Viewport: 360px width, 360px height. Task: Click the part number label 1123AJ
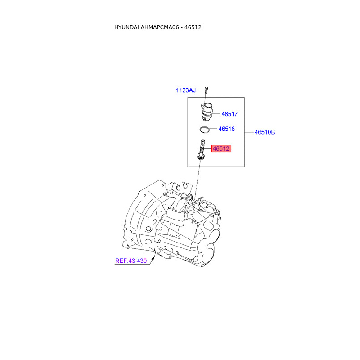[x=185, y=90]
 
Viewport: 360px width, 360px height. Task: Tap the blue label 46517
[x=229, y=114]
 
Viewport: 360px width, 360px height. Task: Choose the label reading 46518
[x=226, y=129]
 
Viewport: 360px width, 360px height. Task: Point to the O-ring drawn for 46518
[x=205, y=130]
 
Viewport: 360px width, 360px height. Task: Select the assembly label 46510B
[x=265, y=132]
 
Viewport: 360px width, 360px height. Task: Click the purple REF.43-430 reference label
[x=131, y=261]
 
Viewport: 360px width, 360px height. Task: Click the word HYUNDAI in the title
[x=127, y=27]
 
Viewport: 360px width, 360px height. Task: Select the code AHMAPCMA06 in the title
[x=161, y=27]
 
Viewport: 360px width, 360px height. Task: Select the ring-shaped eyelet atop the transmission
[x=191, y=196]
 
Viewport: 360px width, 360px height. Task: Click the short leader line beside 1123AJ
[x=199, y=90]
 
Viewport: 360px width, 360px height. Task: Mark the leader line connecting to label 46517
[x=216, y=114]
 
